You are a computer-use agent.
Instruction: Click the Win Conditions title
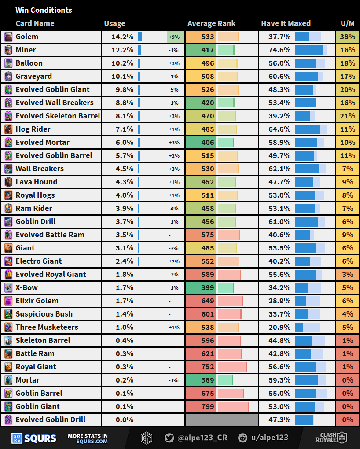tap(44, 10)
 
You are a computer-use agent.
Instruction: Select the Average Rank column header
tap(211, 23)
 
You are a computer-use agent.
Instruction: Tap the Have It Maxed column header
tap(286, 23)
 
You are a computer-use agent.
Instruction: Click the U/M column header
tap(348, 23)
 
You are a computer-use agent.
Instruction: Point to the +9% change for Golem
tap(174, 37)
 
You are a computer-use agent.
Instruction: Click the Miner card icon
tap(8, 50)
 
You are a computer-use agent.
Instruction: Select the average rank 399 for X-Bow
tap(207, 287)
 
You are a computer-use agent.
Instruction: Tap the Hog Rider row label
tap(33, 129)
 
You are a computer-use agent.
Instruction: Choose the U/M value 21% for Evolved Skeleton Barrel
tap(348, 116)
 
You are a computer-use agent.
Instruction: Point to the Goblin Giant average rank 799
tap(207, 406)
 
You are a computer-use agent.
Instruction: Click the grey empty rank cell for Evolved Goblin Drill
tap(222, 420)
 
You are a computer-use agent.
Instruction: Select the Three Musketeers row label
tap(47, 327)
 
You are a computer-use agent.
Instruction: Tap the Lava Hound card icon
tap(8, 182)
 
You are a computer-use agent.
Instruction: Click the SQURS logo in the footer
tap(34, 438)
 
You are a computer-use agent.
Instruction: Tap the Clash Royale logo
tap(331, 438)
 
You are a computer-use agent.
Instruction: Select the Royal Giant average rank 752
tap(207, 367)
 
